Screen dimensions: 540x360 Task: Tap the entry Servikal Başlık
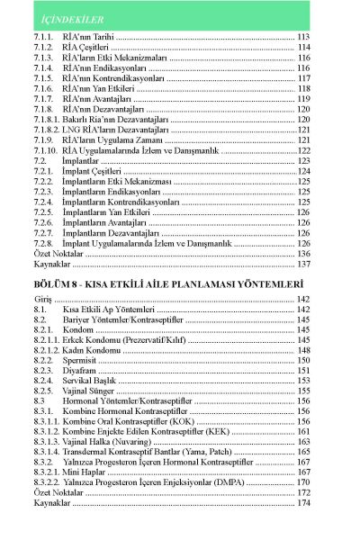94,381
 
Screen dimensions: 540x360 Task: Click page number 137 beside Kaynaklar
303,265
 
